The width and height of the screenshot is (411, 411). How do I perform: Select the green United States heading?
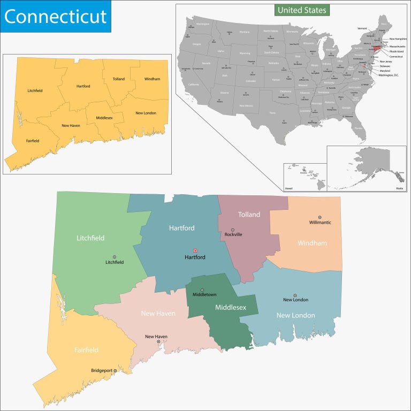pos(302,10)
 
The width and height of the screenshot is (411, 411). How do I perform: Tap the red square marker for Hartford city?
pos(195,250)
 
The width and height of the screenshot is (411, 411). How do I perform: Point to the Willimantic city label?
pos(320,222)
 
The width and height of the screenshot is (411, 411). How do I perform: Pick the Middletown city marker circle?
pos(202,290)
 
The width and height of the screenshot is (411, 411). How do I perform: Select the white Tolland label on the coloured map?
pos(249,215)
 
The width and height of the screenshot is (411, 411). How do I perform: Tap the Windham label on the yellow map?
pos(152,79)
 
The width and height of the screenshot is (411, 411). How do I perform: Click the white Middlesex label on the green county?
pos(230,308)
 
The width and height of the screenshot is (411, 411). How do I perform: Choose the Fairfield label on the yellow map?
pos(33,141)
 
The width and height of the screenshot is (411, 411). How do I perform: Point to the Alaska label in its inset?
pos(399,188)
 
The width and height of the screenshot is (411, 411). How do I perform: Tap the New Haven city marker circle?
pos(158,341)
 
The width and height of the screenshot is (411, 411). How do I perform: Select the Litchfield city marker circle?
pos(115,256)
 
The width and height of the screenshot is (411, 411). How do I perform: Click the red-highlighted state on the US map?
pos(376,48)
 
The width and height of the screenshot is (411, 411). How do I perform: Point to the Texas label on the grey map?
pos(272,113)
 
